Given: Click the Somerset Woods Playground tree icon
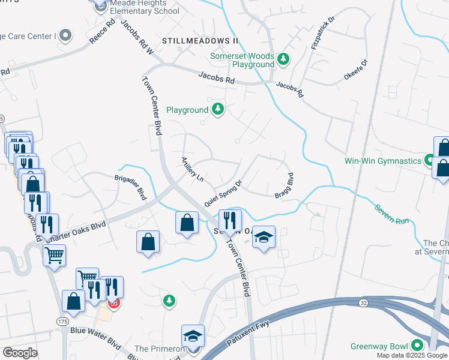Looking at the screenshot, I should pos(283,59).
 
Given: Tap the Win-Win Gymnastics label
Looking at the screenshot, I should pos(383,161).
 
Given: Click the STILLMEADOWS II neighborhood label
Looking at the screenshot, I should pos(200,41).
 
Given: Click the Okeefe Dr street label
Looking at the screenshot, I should pos(355,70).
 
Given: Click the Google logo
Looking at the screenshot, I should pos(20,353).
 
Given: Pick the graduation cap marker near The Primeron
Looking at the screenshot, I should pos(193,335).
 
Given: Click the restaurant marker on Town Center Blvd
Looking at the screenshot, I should pos(229,220).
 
